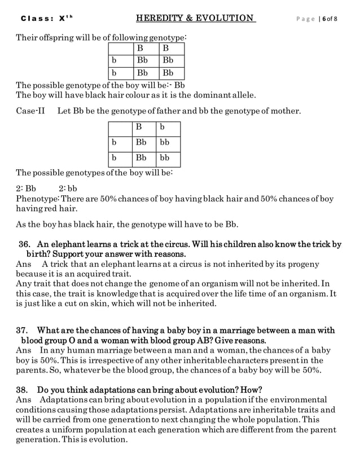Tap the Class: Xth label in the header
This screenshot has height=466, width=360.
tap(40, 19)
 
